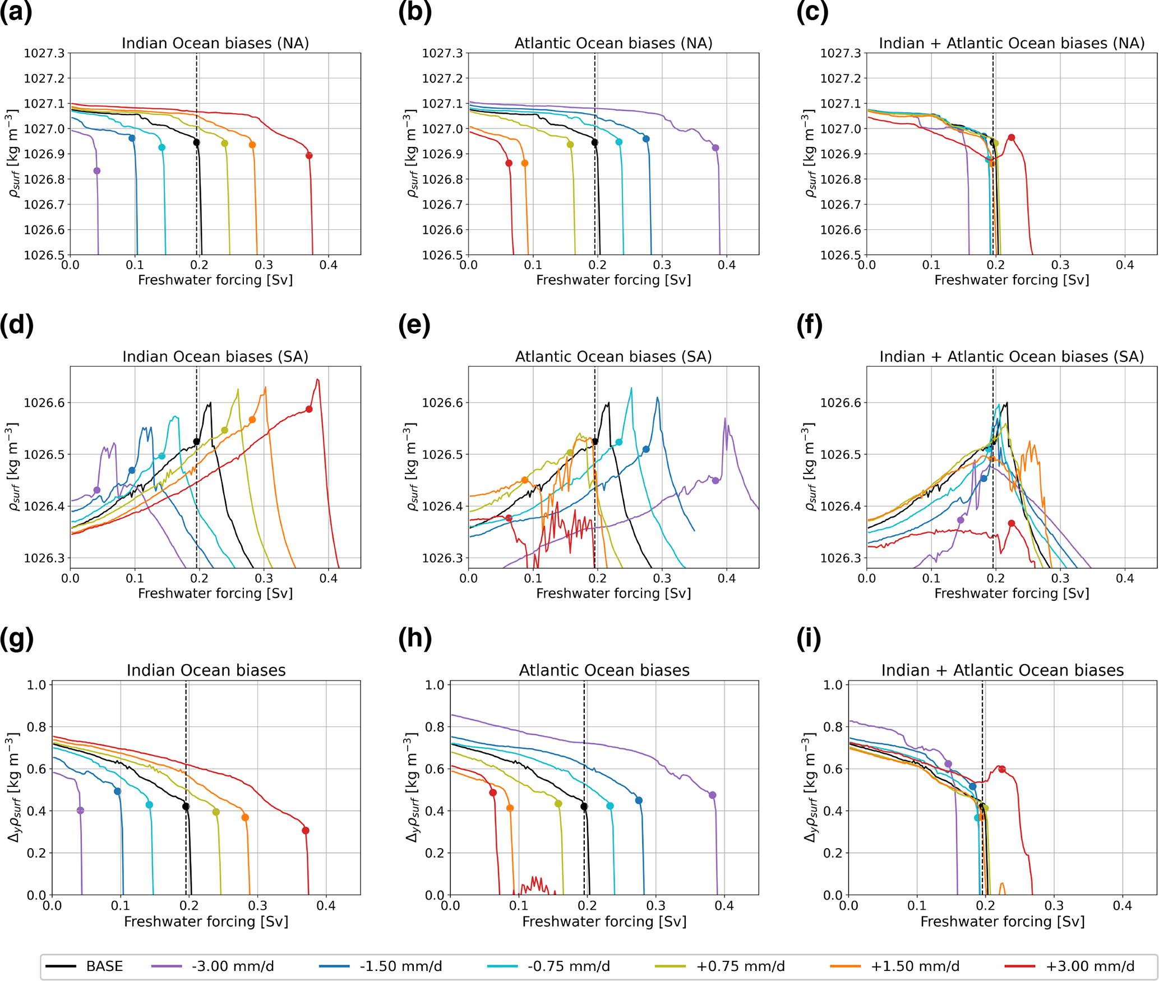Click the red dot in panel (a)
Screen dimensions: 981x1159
309,155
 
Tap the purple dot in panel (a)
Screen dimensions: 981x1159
97,171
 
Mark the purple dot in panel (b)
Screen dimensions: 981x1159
715,148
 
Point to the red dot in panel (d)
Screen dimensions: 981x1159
309,409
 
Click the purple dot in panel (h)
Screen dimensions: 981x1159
713,795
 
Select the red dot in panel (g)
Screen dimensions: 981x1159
306,830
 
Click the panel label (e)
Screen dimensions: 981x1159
414,325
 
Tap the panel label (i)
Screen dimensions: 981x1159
809,639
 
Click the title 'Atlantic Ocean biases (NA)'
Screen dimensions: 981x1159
613,43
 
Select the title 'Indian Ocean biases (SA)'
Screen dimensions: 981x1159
215,357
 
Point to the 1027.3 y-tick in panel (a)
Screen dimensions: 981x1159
44,53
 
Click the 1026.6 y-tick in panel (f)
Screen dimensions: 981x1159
841,403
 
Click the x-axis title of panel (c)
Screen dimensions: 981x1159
1012,280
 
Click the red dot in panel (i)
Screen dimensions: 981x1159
1002,769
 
